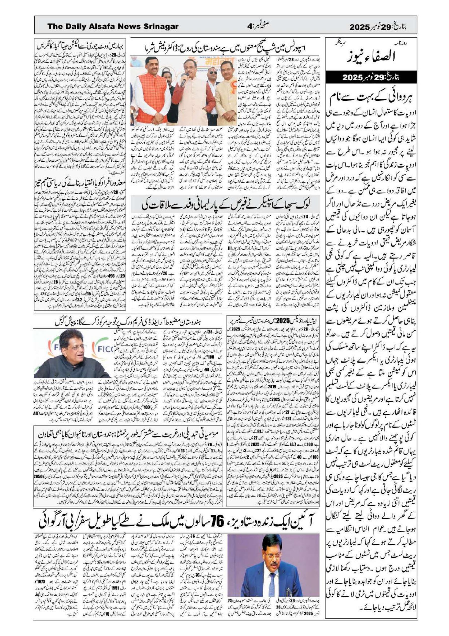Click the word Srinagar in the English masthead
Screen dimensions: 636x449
[160, 27]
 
